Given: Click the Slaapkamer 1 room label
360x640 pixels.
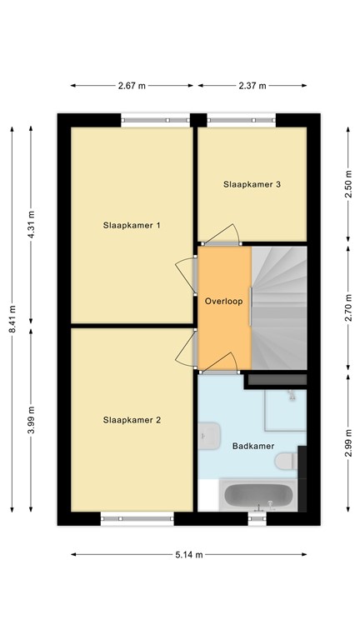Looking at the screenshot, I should pyautogui.click(x=132, y=225).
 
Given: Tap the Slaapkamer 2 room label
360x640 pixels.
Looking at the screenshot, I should pyautogui.click(x=132, y=420).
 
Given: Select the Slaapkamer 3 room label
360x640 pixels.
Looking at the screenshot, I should pyautogui.click(x=251, y=184).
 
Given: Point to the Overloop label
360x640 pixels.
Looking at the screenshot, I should pyautogui.click(x=223, y=302).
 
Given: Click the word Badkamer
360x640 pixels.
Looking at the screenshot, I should pyautogui.click(x=253, y=446).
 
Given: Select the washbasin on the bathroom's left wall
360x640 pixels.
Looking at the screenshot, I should pyautogui.click(x=209, y=434).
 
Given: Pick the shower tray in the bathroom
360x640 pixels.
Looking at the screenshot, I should pyautogui.click(x=285, y=408).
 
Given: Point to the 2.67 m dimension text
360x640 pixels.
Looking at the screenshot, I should pyautogui.click(x=132, y=85).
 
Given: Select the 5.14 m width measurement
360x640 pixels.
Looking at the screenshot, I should pyautogui.click(x=188, y=554).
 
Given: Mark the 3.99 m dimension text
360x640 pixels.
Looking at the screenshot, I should pyautogui.click(x=32, y=420).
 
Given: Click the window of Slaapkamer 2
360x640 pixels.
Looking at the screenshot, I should pyautogui.click(x=137, y=519).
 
